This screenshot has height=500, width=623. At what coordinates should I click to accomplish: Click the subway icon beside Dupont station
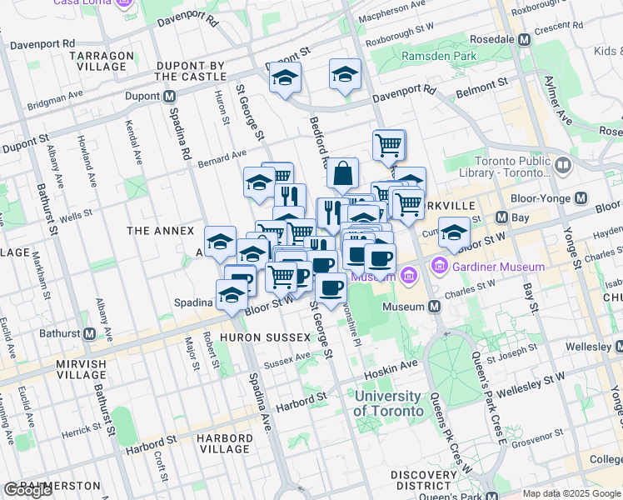click(x=169, y=96)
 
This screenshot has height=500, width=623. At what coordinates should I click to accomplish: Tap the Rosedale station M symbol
click(x=525, y=39)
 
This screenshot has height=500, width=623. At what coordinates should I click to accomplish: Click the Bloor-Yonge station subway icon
click(x=581, y=198)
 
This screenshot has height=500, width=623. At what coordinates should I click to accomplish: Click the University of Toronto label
click(x=387, y=403)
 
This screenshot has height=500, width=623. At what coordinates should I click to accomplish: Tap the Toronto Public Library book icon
click(x=563, y=166)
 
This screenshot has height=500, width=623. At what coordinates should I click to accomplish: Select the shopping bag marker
click(x=342, y=174)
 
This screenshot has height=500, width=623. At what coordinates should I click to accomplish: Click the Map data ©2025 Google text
click(x=571, y=493)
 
